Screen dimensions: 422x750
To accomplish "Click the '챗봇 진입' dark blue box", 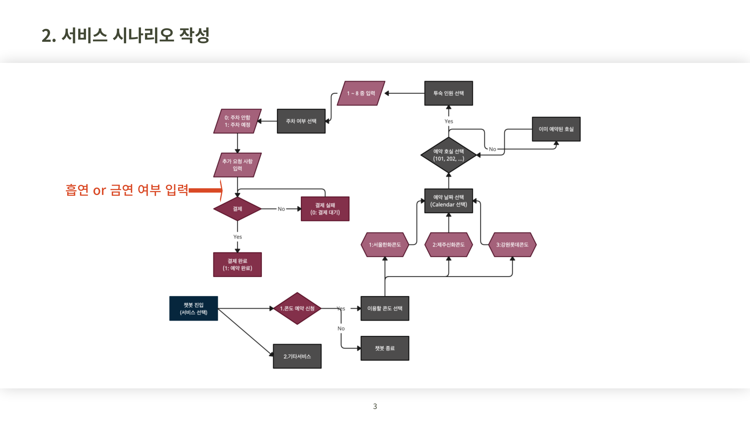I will point(193,308).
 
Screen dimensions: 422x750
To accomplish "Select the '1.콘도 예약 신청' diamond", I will point(297,308).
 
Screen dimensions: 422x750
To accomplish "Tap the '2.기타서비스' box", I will point(297,356).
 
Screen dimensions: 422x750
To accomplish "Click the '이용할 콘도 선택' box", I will point(385,308).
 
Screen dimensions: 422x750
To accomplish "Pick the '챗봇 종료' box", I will point(385,348).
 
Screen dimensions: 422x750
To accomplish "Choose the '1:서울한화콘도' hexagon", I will point(385,245).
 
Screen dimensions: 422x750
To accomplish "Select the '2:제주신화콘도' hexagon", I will point(448,245).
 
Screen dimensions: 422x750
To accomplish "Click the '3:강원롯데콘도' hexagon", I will point(512,245).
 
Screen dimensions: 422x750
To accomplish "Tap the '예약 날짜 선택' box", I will point(448,201).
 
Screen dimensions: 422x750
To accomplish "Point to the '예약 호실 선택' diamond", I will point(448,155).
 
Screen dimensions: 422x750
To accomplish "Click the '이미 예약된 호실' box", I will point(556,129).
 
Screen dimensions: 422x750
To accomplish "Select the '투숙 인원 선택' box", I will point(448,93).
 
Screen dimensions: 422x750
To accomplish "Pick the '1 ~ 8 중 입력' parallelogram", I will point(361,93).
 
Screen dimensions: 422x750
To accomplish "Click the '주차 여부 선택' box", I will point(301,121).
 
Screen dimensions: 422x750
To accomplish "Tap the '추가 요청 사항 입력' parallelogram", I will point(237,165).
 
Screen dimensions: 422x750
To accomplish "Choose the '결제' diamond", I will point(237,209).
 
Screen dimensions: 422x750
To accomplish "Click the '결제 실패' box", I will point(325,209).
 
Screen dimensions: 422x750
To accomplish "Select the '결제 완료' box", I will point(237,265).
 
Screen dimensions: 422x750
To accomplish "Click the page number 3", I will point(375,406).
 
